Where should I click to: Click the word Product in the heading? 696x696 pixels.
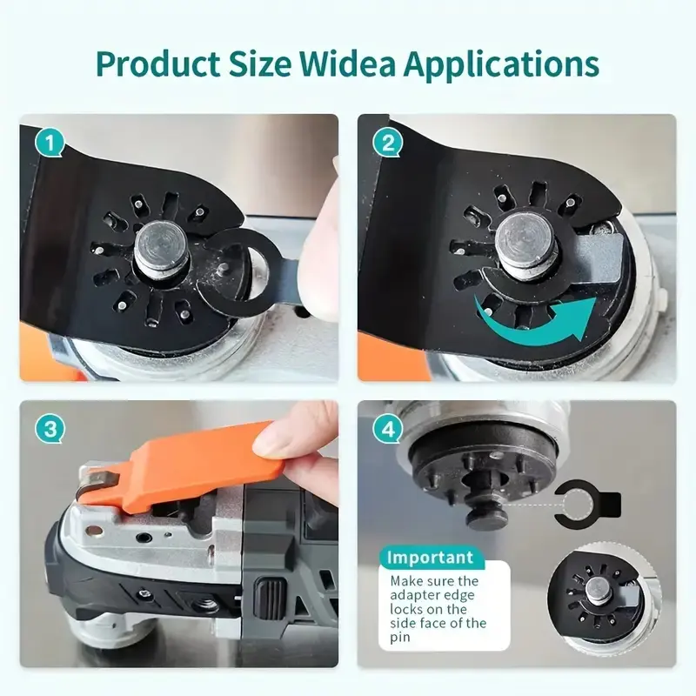click(157, 64)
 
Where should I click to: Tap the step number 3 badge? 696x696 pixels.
click(50, 429)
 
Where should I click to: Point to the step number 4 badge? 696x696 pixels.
click(388, 429)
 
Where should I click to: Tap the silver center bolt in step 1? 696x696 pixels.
click(162, 251)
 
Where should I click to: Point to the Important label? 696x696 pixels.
click(430, 558)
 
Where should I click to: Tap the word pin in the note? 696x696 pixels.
click(400, 639)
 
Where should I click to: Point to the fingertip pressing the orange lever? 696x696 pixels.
click(284, 431)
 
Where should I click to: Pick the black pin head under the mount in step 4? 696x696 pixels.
click(487, 518)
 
